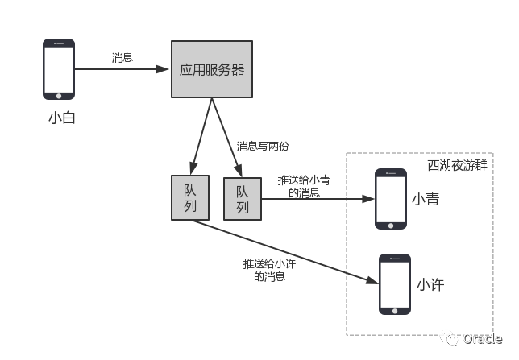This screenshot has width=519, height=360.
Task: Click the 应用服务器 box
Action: coord(211,70)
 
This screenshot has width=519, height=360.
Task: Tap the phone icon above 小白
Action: coord(59,69)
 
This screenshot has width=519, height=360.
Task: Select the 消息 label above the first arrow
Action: coord(122,58)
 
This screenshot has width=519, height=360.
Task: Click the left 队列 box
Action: coord(190,197)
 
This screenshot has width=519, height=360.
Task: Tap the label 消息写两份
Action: coord(263,147)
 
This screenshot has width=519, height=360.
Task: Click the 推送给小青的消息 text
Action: coord(303,186)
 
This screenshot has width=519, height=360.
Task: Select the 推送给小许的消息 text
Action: coord(269,270)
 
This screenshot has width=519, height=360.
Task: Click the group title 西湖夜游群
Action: coord(457,164)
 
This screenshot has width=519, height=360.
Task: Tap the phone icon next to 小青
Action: coord(391,199)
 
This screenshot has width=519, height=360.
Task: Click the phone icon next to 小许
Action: coord(395,284)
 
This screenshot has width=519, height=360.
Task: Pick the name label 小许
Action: coord(430,285)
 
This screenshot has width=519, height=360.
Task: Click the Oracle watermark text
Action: coord(482,339)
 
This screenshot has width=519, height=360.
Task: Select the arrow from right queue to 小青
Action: coord(318,199)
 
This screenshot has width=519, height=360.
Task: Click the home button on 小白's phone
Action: coord(59,94)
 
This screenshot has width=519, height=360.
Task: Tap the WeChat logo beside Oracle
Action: coord(448,338)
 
